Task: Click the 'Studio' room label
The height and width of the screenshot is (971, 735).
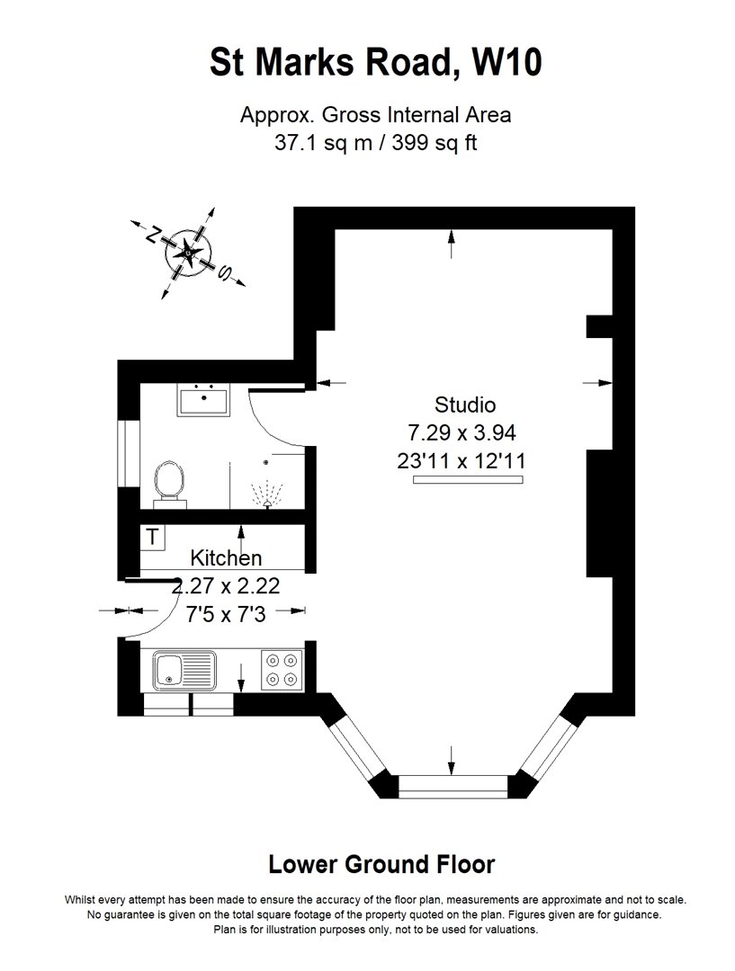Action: coord(465,405)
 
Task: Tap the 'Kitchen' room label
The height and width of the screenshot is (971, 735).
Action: coord(226,557)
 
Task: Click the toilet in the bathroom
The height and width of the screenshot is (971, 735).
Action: coord(169,484)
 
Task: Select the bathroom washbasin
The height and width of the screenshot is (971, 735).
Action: coord(203,400)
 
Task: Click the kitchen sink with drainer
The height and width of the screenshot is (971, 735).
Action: coord(184,670)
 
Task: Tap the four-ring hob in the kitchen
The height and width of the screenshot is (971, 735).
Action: coord(282,670)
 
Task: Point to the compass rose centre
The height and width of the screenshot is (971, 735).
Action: coord(188,253)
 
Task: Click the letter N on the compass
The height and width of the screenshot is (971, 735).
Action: coord(152,234)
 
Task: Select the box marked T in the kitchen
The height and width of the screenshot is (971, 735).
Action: coord(152,537)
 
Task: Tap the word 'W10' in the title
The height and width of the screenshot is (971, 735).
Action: coord(506,62)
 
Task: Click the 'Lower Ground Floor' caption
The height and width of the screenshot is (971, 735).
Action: coord(381,864)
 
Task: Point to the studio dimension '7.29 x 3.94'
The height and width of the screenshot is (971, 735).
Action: coord(462,432)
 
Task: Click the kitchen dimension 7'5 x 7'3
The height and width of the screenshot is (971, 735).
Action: coord(226,614)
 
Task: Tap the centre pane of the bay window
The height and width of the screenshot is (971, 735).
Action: coord(453,786)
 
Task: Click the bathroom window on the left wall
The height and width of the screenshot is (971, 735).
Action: coord(129,453)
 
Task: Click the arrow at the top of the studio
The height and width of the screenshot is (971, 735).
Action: coord(452,244)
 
